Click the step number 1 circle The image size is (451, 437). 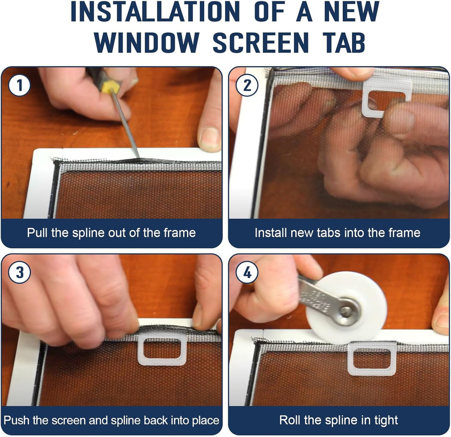coord(19,85)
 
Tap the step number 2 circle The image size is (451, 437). coord(247,85)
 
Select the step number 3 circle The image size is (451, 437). coord(19,272)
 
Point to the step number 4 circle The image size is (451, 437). coord(247,272)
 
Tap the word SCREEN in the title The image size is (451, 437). coord(261,42)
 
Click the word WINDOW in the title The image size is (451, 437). coord(147,42)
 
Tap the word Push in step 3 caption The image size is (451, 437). coord(16,420)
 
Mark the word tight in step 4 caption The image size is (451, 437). coord(386,421)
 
